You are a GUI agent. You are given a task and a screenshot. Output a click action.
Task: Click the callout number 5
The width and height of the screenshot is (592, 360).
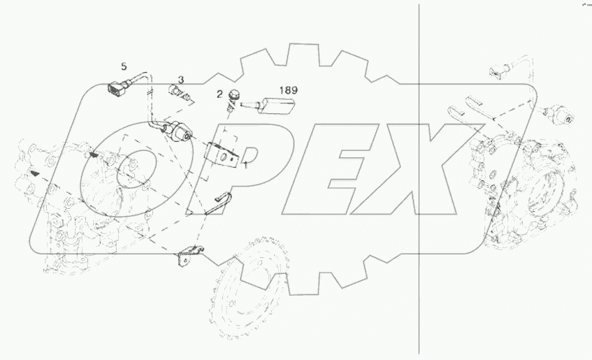[124, 67]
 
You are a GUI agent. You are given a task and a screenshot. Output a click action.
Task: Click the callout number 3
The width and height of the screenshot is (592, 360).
[180, 80]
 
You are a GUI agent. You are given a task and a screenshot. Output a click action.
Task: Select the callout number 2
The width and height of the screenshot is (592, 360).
[220, 94]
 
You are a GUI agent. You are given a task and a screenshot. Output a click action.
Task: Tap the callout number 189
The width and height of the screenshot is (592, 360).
[289, 90]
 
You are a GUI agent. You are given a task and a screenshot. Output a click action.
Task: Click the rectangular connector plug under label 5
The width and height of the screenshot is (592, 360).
[116, 88]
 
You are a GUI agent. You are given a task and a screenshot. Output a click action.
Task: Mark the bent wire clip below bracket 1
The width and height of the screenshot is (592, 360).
[222, 203]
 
